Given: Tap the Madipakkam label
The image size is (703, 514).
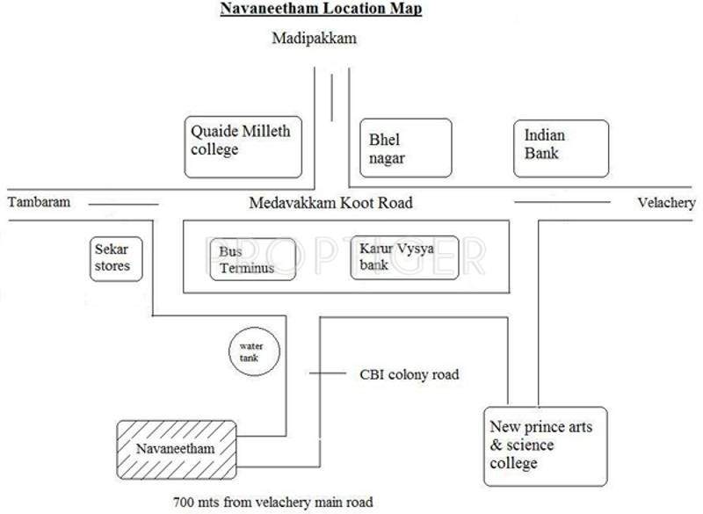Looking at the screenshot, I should point(315,40).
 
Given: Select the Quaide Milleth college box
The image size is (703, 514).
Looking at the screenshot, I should point(243,146).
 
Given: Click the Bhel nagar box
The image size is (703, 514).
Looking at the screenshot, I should point(406,149).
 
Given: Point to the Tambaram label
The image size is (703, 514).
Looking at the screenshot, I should point(39,203).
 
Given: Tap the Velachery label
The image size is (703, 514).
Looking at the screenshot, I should point(666,203).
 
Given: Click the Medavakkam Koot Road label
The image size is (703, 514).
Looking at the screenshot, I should point(330,203).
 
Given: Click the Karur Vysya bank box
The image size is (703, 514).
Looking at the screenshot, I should point(404,257).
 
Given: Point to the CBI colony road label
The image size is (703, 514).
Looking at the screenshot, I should point(409,374).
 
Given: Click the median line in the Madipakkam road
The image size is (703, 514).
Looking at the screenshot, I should point(332,98).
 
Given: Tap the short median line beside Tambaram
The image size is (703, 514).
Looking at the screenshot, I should point(123,205).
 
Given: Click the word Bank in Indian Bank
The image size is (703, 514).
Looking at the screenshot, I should point(541,154).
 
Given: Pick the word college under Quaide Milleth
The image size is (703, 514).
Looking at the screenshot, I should point(214,150).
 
